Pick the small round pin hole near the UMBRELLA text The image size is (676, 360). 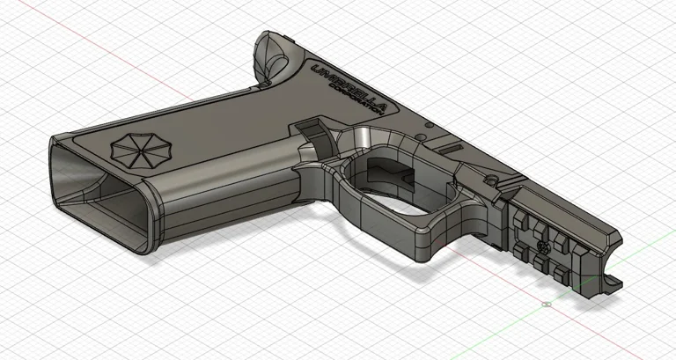click(x=429, y=127)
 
